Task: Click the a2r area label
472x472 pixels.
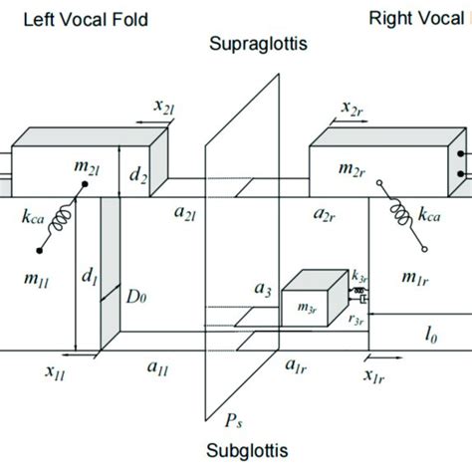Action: coord(325,214)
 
